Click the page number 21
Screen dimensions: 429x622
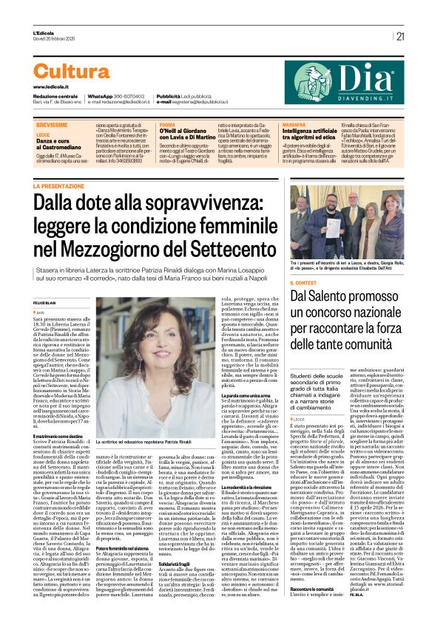click(400, 35)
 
